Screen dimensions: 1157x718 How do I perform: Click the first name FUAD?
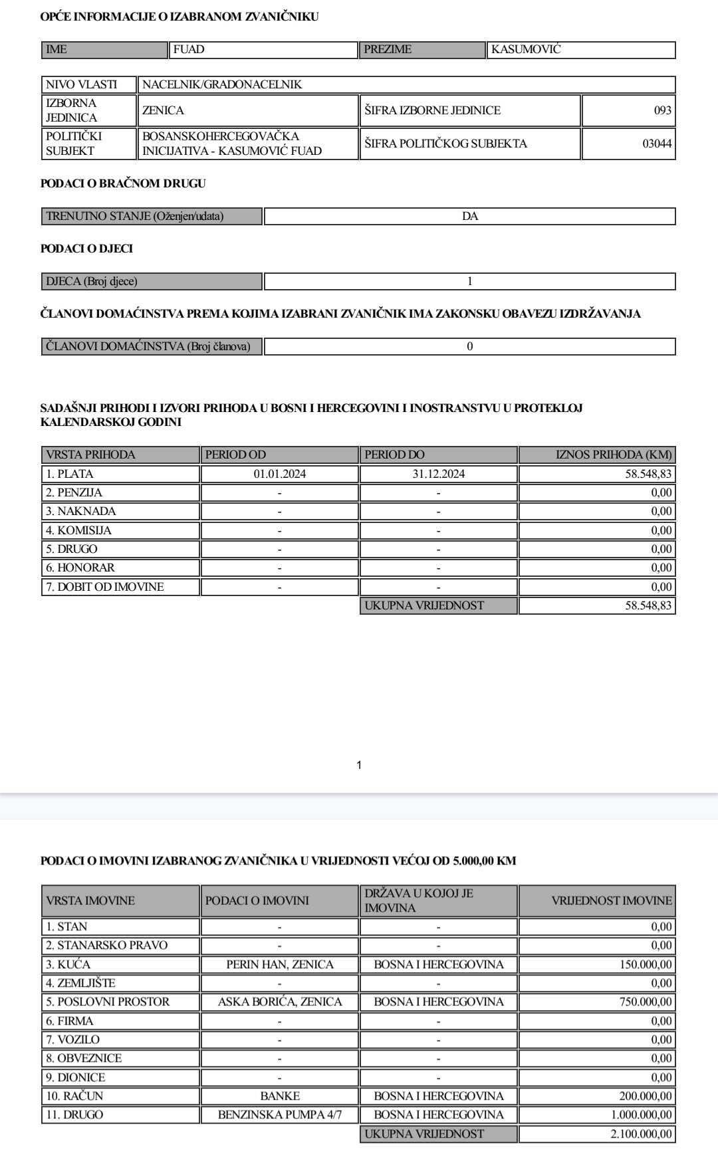189,50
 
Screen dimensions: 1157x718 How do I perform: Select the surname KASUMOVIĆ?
526,50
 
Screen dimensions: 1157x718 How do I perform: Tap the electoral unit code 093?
662,110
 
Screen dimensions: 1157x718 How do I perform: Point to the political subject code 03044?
657,144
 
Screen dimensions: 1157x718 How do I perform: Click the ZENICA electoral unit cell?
164,110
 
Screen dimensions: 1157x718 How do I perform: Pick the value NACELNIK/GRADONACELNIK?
222,84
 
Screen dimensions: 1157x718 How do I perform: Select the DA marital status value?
469,217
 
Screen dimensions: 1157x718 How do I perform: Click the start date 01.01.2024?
279,474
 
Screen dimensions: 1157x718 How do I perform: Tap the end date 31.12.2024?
438,474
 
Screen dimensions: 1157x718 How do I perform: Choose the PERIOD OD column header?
235,455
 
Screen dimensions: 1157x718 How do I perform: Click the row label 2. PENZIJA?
74,492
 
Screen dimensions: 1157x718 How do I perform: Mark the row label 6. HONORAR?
80,568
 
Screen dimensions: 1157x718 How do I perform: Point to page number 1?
359,765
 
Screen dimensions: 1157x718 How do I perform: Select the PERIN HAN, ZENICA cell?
279,964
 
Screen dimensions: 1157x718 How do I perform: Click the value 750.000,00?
645,1001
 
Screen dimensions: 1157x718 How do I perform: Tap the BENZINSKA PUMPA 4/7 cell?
279,1114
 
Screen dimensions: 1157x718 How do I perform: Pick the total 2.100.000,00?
641,1134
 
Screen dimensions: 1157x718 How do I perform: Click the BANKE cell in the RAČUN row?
279,1096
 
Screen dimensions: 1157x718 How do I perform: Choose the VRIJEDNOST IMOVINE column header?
611,900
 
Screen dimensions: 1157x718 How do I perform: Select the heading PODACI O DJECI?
86,249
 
